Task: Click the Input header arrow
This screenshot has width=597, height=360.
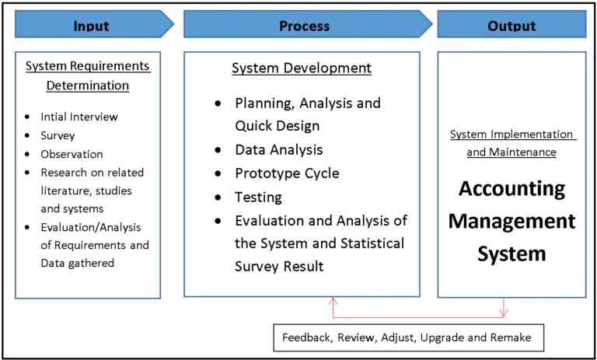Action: [x=92, y=25]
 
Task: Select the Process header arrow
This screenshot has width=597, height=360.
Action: [x=305, y=25]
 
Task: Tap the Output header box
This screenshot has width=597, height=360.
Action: [x=511, y=25]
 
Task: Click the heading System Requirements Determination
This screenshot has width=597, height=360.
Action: [x=87, y=75]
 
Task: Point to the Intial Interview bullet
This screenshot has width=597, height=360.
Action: [x=79, y=117]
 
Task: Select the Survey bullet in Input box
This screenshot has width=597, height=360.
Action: [x=58, y=135]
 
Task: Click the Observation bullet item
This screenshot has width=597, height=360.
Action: [x=72, y=154]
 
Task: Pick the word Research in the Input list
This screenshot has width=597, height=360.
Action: [x=67, y=173]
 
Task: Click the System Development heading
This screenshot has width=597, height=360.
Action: [x=302, y=68]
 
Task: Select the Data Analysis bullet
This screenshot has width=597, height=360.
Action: [x=278, y=149]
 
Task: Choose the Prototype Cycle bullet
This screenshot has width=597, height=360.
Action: [x=287, y=173]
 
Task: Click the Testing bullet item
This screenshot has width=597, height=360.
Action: [x=258, y=197]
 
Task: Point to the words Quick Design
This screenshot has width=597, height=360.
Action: [x=277, y=126]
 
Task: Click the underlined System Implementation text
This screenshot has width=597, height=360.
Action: [x=511, y=135]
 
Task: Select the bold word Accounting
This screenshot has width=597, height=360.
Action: [x=511, y=189]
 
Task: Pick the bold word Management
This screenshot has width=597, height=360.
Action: [x=511, y=222]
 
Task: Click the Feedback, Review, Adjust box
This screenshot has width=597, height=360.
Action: [x=407, y=338]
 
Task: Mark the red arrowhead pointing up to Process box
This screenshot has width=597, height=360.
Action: [x=333, y=301]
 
